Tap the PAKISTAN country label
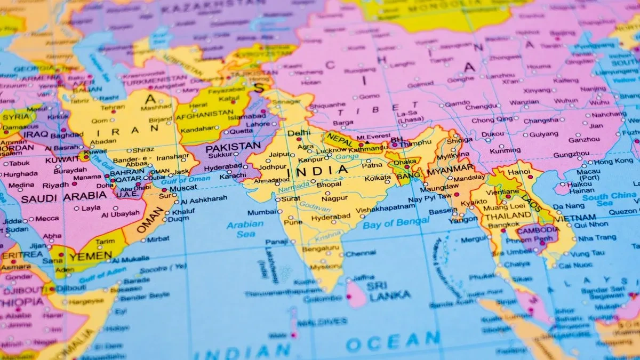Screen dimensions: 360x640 click(x=233, y=147)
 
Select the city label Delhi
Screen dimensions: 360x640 click(x=298, y=133)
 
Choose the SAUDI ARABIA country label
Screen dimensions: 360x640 click(x=63, y=197)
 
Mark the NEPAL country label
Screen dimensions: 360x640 click(x=340, y=138)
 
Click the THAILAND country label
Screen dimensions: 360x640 click(x=500, y=216)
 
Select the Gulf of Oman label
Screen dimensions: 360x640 click(x=185, y=179)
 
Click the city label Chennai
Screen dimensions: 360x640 click(x=361, y=253)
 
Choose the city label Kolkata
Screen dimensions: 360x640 click(x=378, y=178)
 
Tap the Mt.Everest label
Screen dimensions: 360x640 click(x=374, y=137)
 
